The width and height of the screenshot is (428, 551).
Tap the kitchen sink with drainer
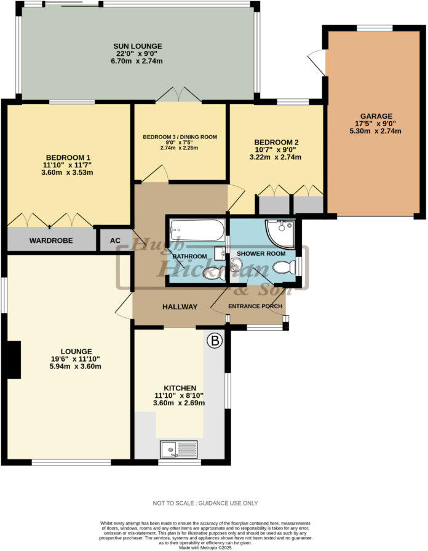point(178,448)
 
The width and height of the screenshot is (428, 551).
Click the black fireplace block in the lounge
point(13,360)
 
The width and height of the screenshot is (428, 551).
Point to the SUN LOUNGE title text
point(137,46)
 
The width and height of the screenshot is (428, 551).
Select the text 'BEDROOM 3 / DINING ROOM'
point(180,137)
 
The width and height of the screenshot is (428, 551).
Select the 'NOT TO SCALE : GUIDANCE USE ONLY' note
point(213,502)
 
